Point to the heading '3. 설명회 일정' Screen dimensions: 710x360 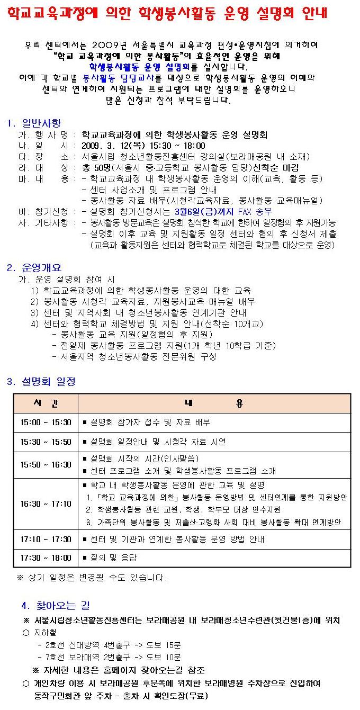coord(41,381)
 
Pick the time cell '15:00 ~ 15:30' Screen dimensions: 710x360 coord(46,423)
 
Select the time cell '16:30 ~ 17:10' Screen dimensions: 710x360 coord(46,504)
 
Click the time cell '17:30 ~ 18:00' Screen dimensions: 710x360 coord(46,558)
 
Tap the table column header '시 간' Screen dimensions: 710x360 coord(46,403)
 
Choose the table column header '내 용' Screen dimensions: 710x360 coord(214,403)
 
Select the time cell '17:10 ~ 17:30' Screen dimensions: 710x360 coord(46,540)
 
